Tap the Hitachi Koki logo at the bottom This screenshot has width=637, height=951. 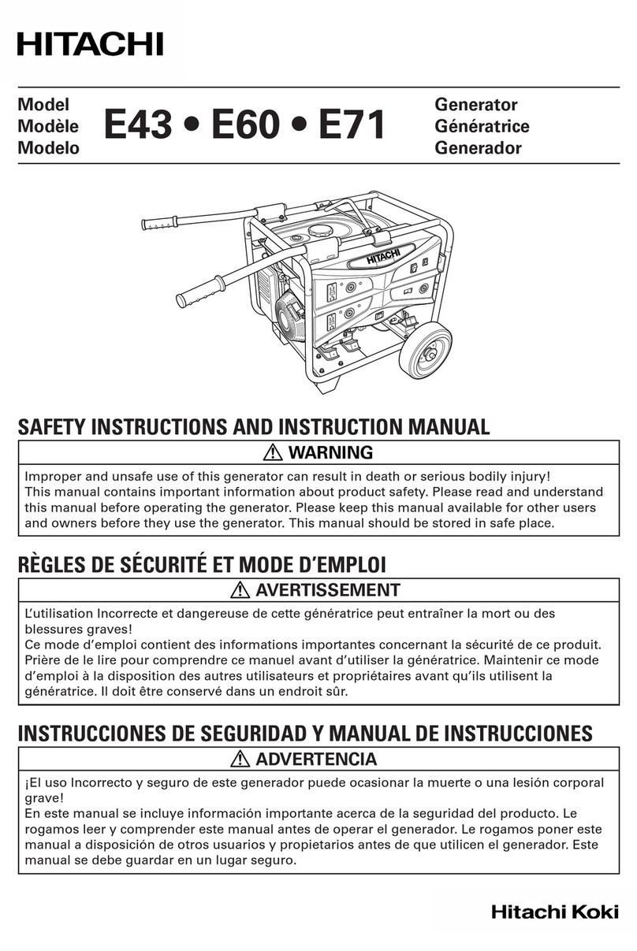click(554, 912)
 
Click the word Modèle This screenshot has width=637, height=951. click(47, 126)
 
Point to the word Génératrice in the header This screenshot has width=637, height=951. click(482, 126)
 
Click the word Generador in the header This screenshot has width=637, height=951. click(478, 148)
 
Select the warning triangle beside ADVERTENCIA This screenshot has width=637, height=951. click(242, 760)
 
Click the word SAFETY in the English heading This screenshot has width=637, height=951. click(51, 428)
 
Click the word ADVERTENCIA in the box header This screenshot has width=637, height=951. click(317, 760)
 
